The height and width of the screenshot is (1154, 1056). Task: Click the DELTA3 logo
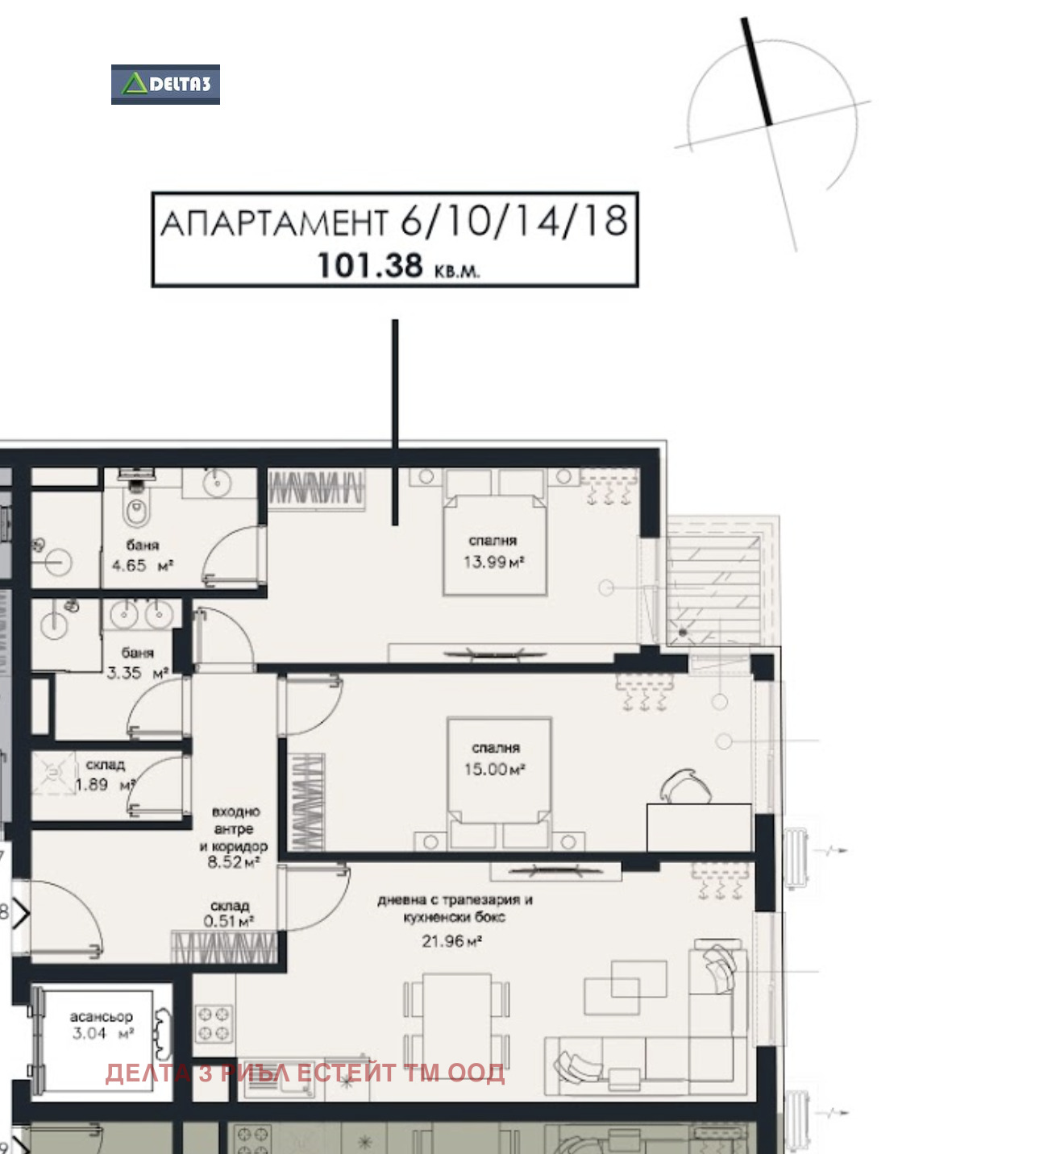[x=165, y=84]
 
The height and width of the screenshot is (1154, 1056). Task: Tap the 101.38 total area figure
[x=370, y=266]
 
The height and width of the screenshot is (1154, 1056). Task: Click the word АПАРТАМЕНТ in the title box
[x=274, y=222]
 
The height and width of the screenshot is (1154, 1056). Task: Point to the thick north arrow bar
[x=756, y=71]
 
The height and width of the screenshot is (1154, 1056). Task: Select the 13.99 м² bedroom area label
[x=493, y=562]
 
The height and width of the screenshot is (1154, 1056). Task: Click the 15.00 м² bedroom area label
[x=494, y=769]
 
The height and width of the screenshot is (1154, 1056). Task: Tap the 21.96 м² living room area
[x=451, y=941]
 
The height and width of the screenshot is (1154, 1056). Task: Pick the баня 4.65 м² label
[x=142, y=555]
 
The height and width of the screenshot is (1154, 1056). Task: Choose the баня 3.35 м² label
[x=138, y=662]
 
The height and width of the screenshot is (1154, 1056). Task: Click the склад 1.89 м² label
[x=106, y=774]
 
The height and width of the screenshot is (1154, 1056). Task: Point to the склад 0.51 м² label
[x=229, y=914]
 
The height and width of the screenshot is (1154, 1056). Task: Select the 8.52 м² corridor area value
[x=234, y=861]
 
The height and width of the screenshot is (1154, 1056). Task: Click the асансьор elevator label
[x=102, y=1016]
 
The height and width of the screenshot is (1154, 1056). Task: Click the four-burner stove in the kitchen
[x=214, y=1023]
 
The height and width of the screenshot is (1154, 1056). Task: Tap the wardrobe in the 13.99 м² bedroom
[x=316, y=489]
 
